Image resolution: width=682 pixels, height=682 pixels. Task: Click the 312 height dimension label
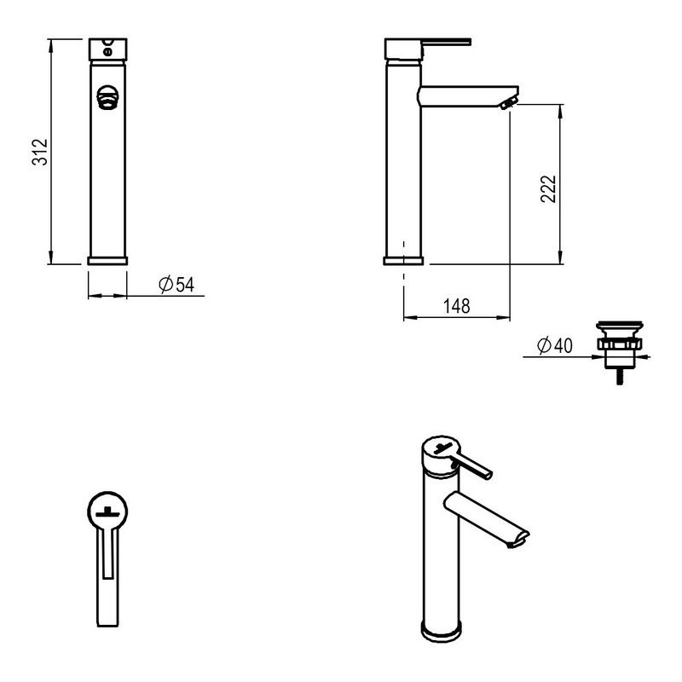(x=39, y=152)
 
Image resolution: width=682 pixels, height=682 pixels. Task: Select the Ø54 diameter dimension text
(x=176, y=285)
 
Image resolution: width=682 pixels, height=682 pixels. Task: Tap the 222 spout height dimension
(x=548, y=188)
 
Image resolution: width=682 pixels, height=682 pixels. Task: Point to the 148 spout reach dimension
(x=457, y=306)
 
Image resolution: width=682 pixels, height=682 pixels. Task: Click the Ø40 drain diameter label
(x=555, y=346)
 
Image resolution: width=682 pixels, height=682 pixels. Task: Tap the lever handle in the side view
(x=447, y=42)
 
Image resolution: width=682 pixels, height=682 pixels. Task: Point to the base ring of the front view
(x=107, y=261)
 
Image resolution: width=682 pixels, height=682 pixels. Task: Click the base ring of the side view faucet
(x=403, y=261)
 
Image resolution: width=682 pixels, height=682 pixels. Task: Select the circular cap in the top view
(x=107, y=511)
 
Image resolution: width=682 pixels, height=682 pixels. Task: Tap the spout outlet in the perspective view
(x=518, y=540)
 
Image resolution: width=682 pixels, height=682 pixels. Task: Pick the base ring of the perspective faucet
(x=441, y=632)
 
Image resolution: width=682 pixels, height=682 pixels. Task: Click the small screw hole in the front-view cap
(x=107, y=52)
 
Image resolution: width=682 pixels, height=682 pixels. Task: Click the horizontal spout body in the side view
(x=467, y=96)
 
